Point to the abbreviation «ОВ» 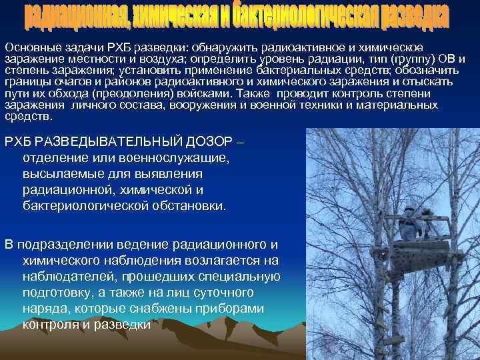[450, 60]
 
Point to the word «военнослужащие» [172, 159]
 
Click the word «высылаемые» [65, 174]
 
